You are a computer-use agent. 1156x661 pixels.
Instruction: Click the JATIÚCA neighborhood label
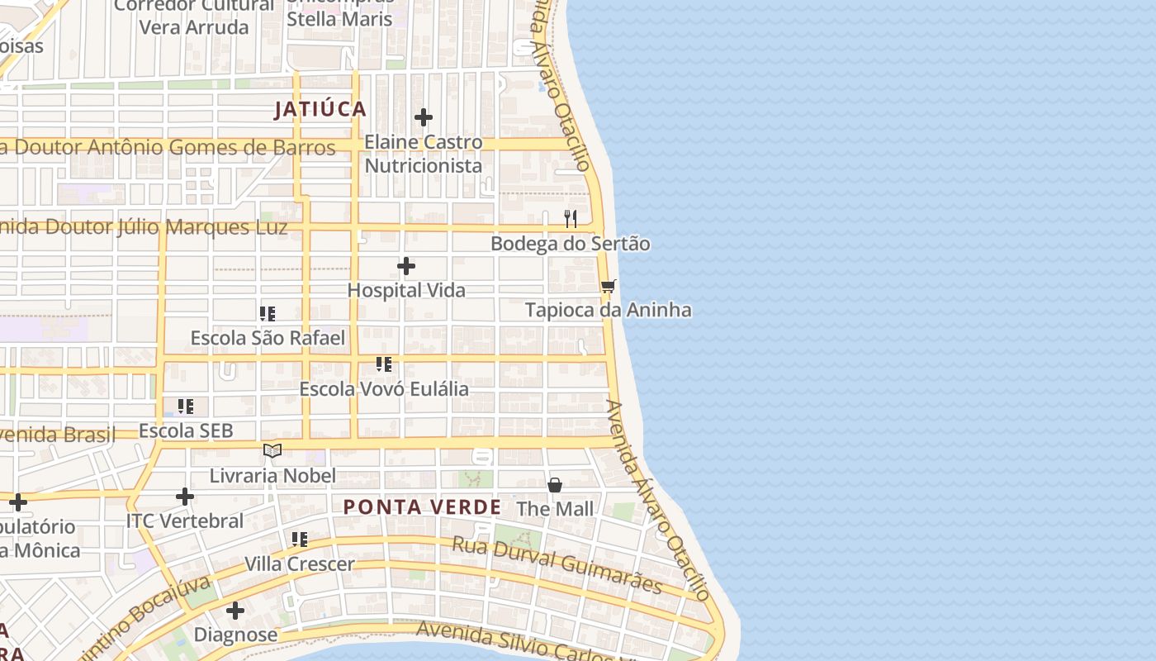[320, 109]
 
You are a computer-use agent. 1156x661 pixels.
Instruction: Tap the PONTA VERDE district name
[422, 507]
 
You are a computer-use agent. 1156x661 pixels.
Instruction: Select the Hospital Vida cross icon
[406, 266]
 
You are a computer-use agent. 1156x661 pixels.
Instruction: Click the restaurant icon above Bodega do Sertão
[571, 219]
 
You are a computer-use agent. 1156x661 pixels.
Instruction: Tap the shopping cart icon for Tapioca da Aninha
[609, 286]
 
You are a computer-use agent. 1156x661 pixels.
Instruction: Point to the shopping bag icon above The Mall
[555, 484]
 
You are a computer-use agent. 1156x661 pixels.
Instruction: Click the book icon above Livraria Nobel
[272, 451]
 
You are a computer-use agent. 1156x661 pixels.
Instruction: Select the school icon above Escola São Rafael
[268, 314]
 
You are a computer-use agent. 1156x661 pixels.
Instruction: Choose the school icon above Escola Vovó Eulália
[384, 364]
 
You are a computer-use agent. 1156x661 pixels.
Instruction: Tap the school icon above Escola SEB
[186, 407]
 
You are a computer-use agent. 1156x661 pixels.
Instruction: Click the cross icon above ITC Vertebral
[185, 497]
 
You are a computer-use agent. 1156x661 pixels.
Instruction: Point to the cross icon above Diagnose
[235, 611]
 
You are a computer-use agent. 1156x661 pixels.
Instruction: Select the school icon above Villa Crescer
[300, 540]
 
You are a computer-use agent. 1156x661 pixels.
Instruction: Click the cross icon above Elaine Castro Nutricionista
[424, 117]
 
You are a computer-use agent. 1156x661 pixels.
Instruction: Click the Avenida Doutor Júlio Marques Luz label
[144, 227]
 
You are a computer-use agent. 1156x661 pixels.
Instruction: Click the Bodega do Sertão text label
[570, 244]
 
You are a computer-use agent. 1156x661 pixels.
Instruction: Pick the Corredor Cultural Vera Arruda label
[193, 17]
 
